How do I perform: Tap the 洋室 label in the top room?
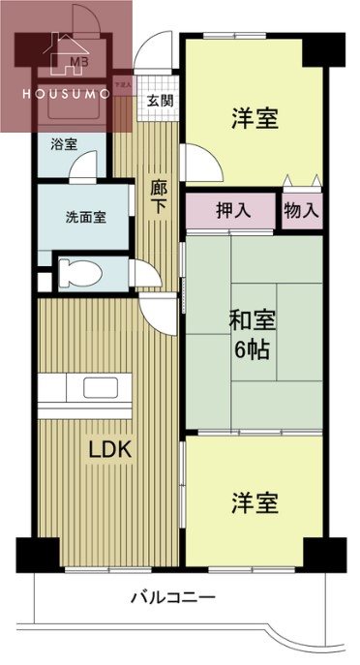click(x=255, y=119)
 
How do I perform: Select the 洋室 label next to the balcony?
click(x=255, y=503)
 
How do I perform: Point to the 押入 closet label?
click(x=230, y=211)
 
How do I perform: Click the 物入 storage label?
click(x=302, y=211)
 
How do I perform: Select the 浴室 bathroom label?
click(x=65, y=145)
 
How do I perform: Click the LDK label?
click(x=110, y=450)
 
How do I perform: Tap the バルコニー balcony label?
click(x=173, y=597)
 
